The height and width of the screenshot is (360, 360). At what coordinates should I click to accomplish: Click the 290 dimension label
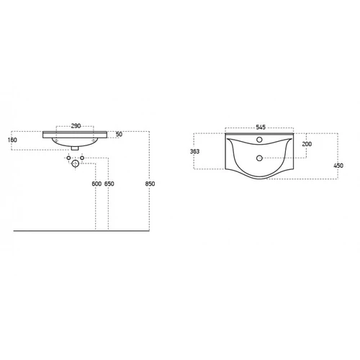tap(76, 126)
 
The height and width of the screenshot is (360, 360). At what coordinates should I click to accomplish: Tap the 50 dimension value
tap(119, 134)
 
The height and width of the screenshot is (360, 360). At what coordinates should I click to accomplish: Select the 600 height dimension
tap(96, 184)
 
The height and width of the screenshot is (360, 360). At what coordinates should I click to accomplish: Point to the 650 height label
tap(109, 184)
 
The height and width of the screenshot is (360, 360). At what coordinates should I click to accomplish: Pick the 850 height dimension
tap(150, 184)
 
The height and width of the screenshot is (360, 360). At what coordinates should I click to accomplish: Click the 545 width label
tap(261, 127)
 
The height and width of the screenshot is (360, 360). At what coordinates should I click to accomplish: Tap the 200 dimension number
tap(307, 144)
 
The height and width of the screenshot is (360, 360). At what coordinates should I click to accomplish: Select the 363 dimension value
tap(194, 151)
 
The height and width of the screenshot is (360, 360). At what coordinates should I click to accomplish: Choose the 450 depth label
tap(338, 166)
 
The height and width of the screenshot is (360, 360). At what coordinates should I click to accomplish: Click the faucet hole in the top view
tap(259, 140)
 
